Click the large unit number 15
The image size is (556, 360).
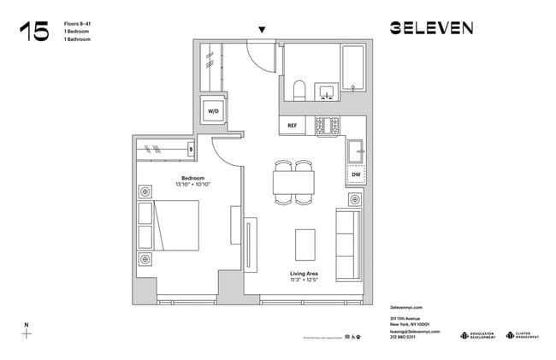[34, 32]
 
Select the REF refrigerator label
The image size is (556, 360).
[292, 125]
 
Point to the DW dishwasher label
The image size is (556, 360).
[356, 175]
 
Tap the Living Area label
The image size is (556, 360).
[304, 275]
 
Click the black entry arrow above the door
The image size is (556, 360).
[262, 30]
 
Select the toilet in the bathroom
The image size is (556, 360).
[299, 91]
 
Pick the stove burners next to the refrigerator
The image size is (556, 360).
[327, 126]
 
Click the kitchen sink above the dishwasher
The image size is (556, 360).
[356, 152]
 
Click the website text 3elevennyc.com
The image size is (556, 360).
[406, 306]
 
